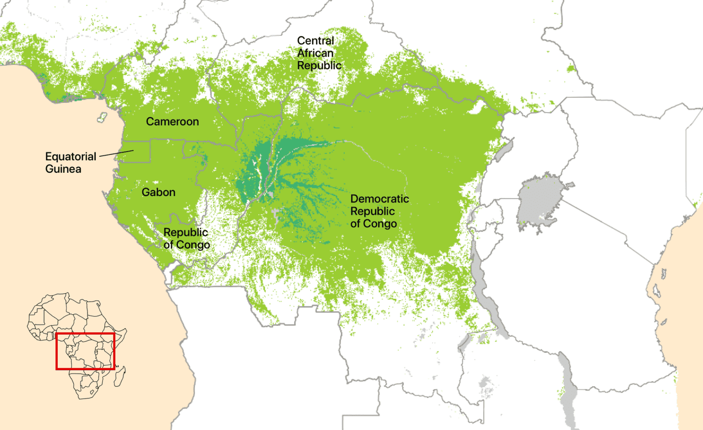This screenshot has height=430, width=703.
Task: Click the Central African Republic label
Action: coord(319,53)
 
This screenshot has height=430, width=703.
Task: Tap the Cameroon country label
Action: coord(172,122)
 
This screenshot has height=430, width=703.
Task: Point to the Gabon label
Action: coord(158,192)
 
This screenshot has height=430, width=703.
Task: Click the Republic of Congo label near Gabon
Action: coord(186,239)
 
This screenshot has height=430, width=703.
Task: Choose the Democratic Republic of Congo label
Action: coord(379,211)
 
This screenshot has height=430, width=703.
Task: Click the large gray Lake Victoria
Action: coord(540,201)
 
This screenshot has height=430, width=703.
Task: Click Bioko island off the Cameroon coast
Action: coord(102,117)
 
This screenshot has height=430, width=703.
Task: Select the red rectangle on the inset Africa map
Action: coord(85,351)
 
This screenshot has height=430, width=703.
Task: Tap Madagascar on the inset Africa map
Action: coord(120,377)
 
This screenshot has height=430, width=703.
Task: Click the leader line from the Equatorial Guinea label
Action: coord(116,153)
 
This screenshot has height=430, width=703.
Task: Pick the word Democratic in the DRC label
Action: coord(379,199)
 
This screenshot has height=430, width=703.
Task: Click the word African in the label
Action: coord(315,53)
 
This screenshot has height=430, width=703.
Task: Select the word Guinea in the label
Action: coord(63,169)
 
